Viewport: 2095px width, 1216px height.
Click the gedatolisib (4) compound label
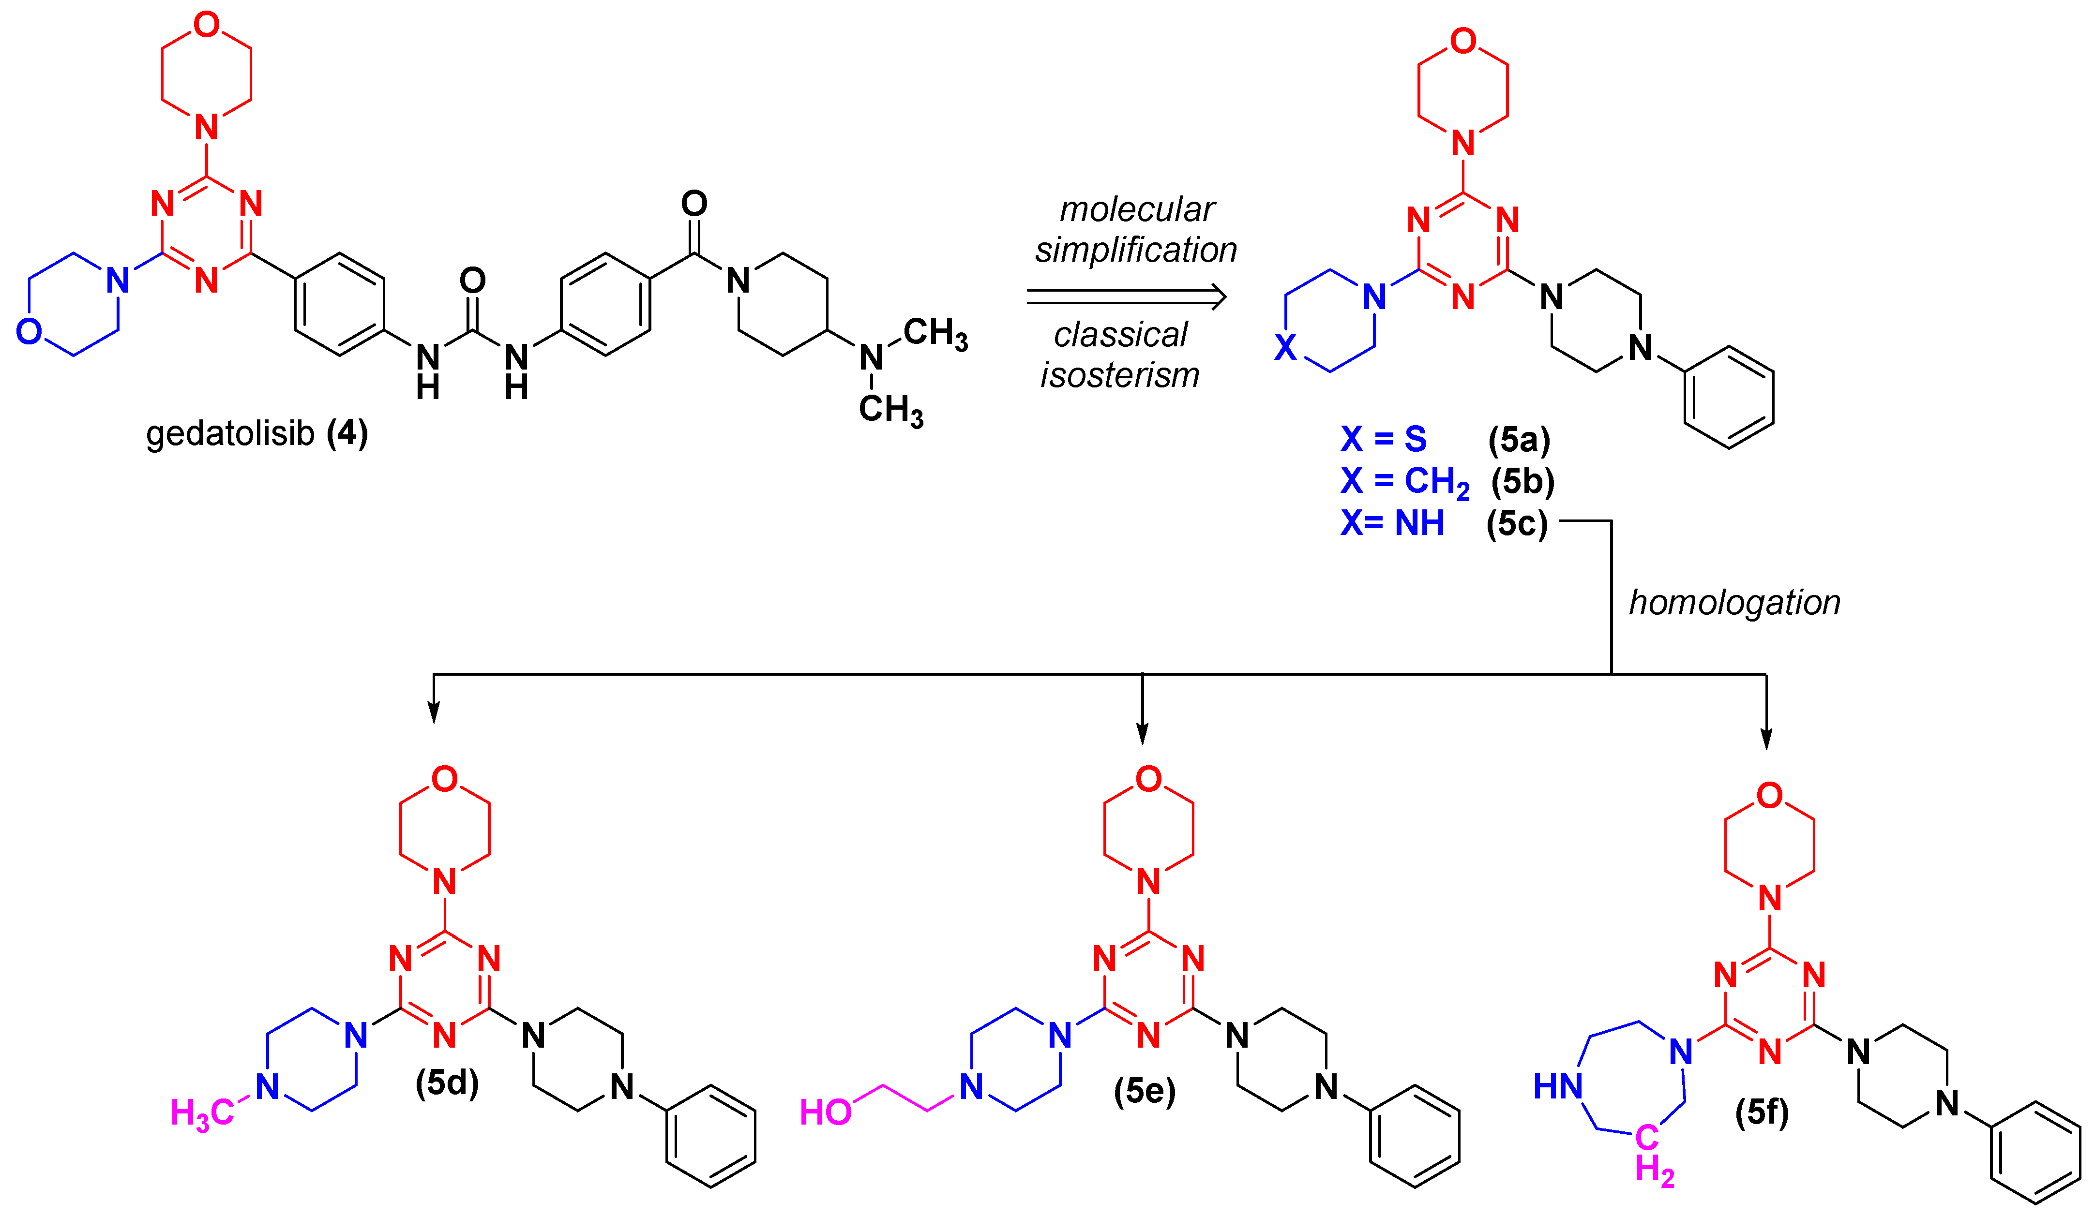point(256,434)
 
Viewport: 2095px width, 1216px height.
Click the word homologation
point(1734,603)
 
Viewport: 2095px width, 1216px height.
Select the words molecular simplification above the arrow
point(1136,229)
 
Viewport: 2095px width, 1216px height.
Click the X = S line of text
point(1384,439)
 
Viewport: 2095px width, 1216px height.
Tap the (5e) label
point(1145,1091)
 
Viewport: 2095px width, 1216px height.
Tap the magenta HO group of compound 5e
point(826,1112)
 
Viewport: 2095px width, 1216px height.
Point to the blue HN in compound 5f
point(1558,1085)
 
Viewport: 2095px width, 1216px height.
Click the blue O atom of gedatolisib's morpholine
point(29,332)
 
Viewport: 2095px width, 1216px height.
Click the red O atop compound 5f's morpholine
point(1769,795)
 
